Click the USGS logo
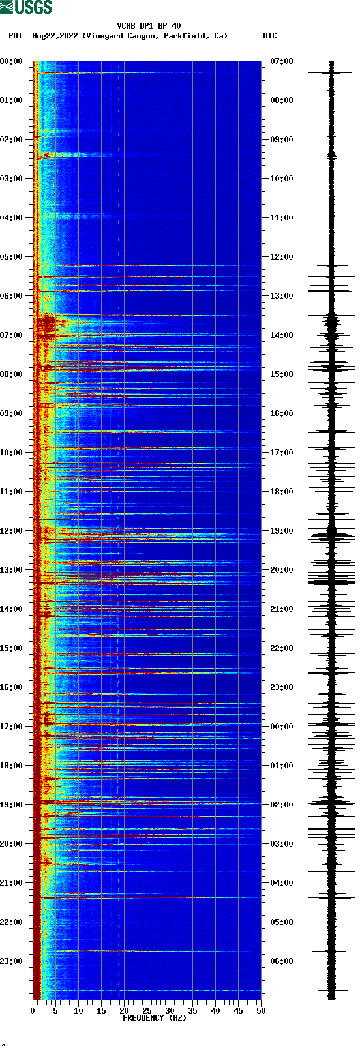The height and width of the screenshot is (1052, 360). coord(26,7)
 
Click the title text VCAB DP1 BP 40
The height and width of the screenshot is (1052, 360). coord(149,26)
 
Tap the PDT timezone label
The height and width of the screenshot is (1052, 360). coord(15,36)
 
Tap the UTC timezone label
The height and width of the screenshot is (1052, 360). coord(269,36)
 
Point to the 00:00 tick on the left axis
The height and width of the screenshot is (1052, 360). coord(12,61)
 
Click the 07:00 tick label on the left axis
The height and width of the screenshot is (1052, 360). coord(12,335)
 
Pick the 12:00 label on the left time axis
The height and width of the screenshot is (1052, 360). coord(12,531)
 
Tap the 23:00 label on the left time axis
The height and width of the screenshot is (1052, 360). coord(12,961)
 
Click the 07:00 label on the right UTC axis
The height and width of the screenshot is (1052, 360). coord(281,61)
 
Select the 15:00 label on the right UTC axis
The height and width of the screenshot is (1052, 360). coord(281,374)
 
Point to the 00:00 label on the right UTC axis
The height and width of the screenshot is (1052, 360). coord(281,727)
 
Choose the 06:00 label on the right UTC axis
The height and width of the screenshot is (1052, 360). coord(281,961)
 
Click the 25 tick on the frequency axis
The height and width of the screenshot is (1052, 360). coord(147,1011)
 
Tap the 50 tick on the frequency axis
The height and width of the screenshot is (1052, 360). coord(261,1011)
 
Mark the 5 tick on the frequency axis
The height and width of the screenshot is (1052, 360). coord(55,1011)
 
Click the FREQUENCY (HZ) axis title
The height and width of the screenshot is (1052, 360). coord(155,1018)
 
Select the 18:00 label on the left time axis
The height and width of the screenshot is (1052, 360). coord(12,766)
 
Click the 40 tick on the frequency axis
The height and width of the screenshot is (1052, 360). coord(215,1011)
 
